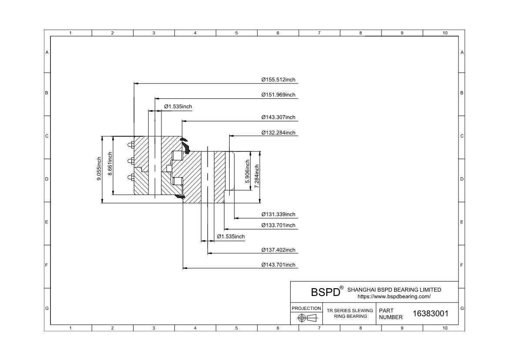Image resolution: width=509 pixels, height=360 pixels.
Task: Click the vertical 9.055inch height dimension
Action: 99,169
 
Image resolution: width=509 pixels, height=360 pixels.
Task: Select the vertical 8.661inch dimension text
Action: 110,164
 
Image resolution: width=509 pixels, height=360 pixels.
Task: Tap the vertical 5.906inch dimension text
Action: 247,171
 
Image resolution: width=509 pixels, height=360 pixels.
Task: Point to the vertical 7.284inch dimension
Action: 257,176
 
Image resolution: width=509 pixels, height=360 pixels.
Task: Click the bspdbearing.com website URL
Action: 394,296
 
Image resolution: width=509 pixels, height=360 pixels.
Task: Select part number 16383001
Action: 430,313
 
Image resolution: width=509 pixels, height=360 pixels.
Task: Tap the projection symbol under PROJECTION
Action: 306,318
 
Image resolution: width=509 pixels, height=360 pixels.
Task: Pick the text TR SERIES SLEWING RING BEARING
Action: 350,313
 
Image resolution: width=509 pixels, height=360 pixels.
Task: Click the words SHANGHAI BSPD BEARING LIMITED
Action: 394,289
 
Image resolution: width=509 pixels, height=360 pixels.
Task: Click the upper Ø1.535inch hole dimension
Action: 178,107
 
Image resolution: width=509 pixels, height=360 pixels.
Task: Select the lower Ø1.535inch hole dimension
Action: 231,236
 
